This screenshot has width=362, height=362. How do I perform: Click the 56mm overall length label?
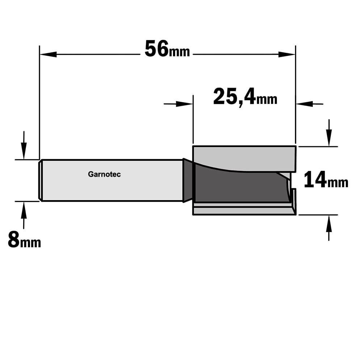(167, 49)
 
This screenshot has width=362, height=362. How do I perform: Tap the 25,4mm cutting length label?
(245, 97)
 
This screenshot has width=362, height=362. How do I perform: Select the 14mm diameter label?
(326, 180)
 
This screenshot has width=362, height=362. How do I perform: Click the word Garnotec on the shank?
(104, 174)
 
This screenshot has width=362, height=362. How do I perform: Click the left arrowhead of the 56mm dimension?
(48, 55)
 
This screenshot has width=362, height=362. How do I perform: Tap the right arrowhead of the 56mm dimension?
(287, 55)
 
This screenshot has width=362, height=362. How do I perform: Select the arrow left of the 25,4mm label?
(178, 104)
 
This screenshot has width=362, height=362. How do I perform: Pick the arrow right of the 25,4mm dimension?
(310, 104)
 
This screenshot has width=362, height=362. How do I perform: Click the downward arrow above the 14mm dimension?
(329, 133)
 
